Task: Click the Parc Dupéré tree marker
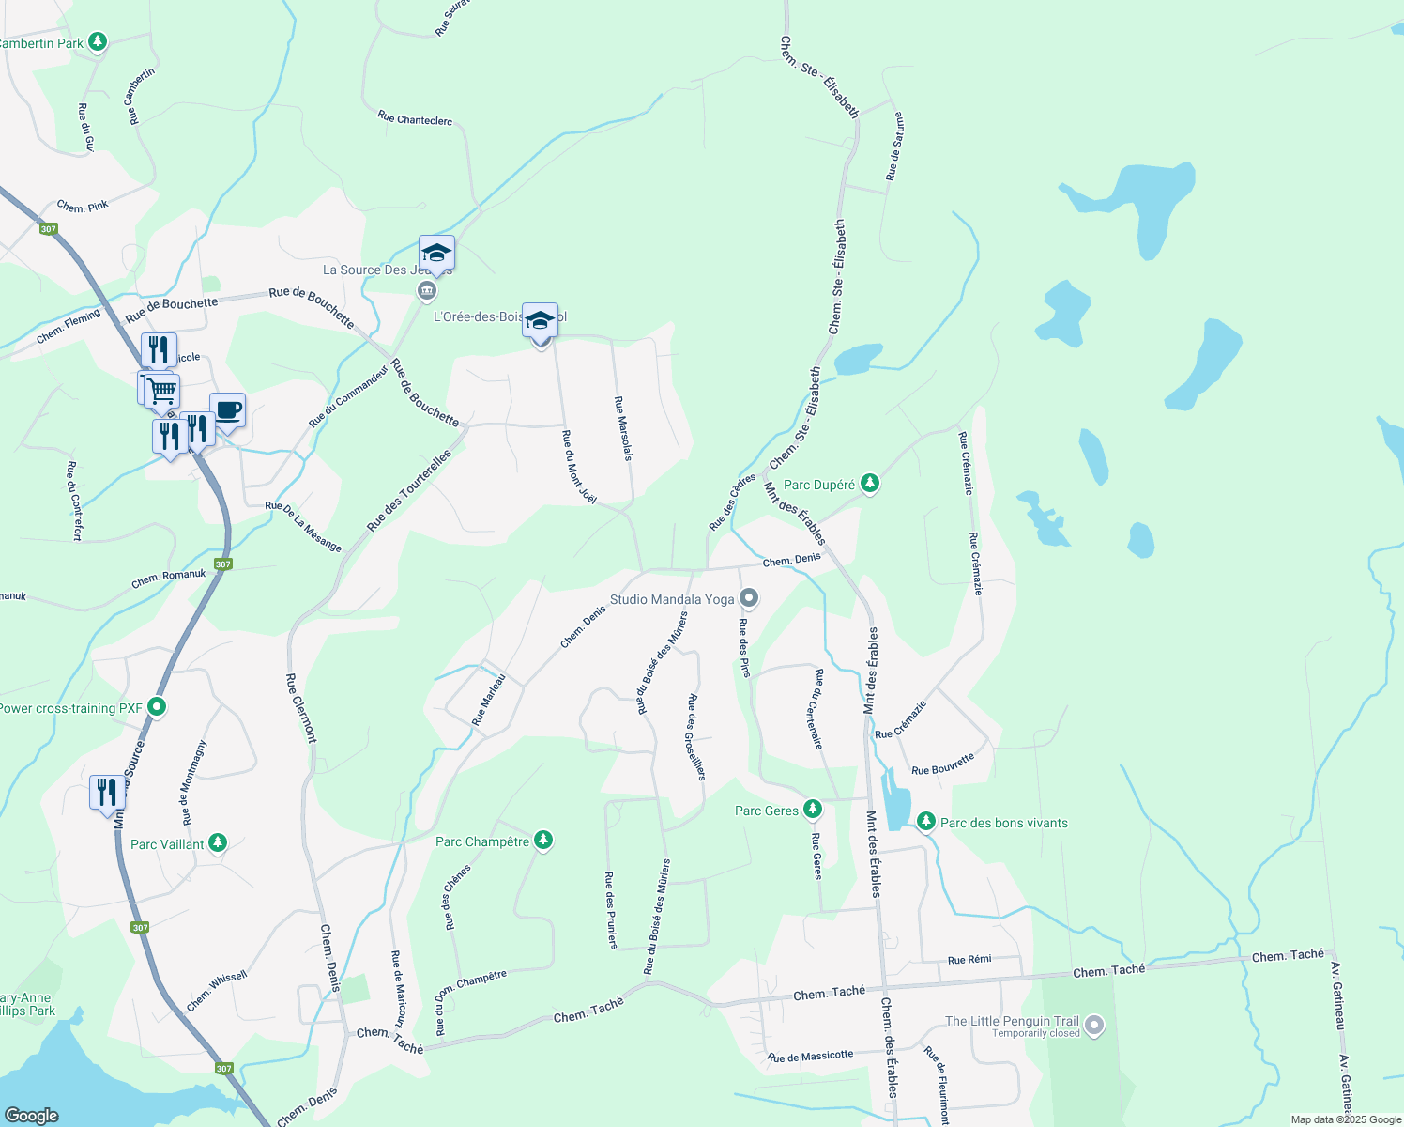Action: pos(870,484)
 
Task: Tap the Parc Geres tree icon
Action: pos(813,809)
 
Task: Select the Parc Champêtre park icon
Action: pos(543,840)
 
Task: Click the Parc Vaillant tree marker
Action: pos(218,842)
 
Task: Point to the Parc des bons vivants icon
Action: pos(926,822)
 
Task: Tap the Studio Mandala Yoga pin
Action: pos(749,597)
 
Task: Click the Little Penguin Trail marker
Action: pos(1093,1024)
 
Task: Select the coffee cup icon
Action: pos(228,409)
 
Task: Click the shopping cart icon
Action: pos(162,390)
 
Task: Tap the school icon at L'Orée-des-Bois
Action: pos(540,320)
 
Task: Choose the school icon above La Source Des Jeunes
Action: pos(436,253)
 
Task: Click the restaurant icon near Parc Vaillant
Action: pos(107,792)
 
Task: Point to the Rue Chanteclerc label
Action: pos(415,119)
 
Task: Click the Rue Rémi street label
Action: pos(969,960)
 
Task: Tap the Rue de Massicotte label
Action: pos(811,1057)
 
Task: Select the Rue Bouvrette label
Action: pos(943,764)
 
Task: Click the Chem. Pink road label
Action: pos(83,206)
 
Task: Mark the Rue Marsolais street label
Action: pos(623,428)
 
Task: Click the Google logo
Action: pos(32,1116)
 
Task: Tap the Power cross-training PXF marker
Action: pos(157,706)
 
